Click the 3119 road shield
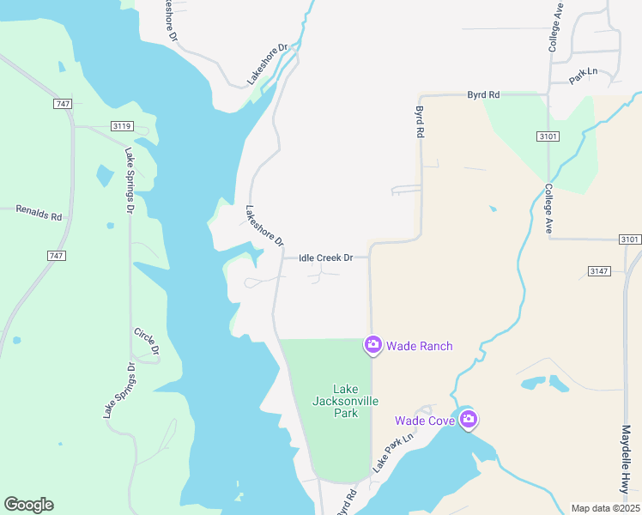(122, 126)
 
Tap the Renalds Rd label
(39, 213)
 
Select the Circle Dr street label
(147, 340)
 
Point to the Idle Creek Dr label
(326, 257)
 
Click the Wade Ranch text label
(419, 346)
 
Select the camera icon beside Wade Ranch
(372, 345)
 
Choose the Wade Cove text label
(425, 421)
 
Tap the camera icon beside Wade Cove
(469, 420)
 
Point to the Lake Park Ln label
(393, 452)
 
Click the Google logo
(28, 505)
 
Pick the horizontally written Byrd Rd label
(483, 94)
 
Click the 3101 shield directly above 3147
(629, 239)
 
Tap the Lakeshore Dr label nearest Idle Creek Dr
(264, 226)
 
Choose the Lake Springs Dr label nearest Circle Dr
(119, 390)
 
